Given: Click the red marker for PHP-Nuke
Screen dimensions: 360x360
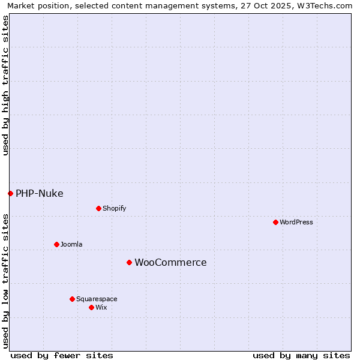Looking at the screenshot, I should tap(10, 193).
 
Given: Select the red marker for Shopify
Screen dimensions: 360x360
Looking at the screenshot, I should tap(98, 208).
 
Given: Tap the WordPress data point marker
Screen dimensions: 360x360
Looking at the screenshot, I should tap(275, 222).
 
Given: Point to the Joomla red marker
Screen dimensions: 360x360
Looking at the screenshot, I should tap(56, 244).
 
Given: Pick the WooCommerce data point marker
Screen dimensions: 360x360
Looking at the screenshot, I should tap(129, 262).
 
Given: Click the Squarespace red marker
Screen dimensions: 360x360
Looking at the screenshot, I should tap(72, 299).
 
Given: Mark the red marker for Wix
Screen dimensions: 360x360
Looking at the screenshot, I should tap(91, 307).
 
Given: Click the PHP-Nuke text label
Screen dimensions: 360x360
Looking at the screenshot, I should tap(39, 193).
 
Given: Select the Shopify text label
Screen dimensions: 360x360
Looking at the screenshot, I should tap(114, 208).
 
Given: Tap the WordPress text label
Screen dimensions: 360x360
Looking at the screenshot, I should tap(296, 222).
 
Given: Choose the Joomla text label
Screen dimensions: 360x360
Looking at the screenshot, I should tap(71, 244).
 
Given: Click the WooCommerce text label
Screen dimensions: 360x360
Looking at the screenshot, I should tap(170, 262).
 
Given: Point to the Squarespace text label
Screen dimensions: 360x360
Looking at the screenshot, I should tap(97, 299).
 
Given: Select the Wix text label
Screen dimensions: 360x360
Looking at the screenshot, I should tap(101, 307).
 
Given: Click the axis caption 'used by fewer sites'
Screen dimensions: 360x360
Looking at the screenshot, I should tap(62, 355).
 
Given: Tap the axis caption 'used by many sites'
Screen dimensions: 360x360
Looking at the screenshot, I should tap(301, 355).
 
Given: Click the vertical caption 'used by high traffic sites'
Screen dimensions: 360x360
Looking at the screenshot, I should tap(5, 85).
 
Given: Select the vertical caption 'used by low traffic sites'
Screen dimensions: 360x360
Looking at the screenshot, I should tap(5, 280).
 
